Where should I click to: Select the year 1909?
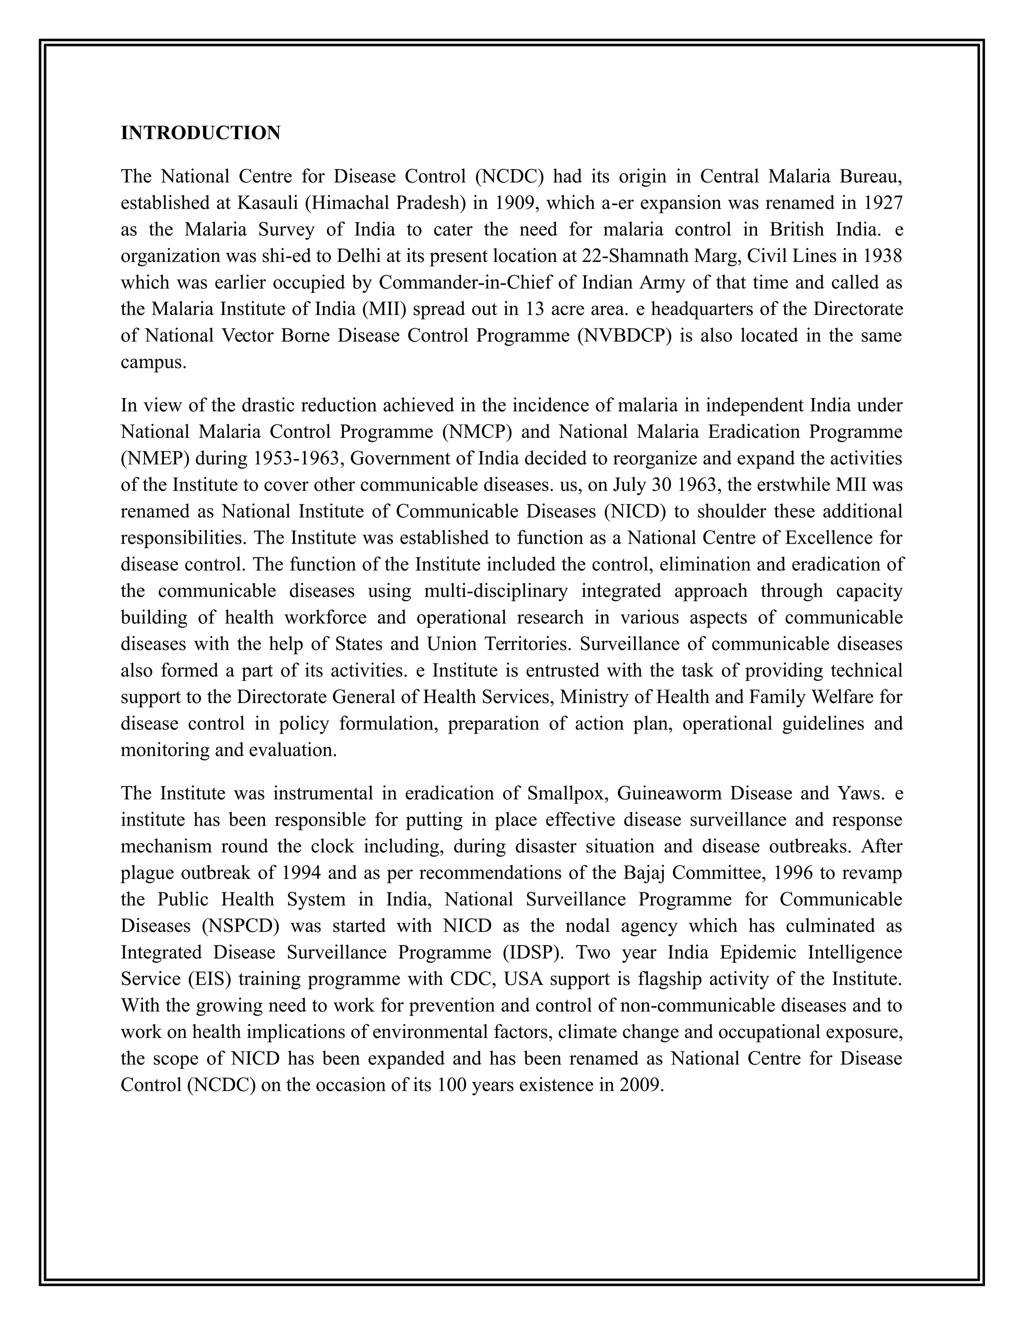click(x=515, y=203)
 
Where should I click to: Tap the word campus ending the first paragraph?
click(x=153, y=363)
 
